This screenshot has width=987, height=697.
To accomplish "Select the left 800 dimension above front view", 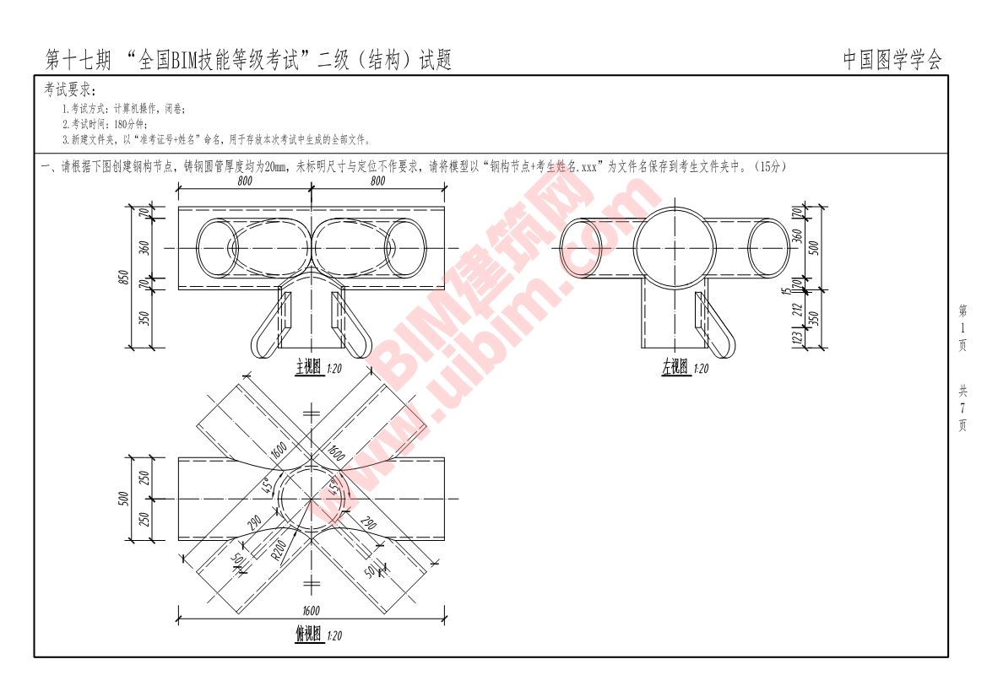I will point(245,181).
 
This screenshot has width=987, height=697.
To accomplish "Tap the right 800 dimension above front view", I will point(377,181).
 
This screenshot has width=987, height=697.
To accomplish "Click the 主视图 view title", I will point(308,368).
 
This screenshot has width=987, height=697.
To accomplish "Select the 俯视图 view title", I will point(308,635).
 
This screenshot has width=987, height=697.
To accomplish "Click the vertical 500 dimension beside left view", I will point(813,247).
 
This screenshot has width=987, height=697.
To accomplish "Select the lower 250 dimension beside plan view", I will point(144,519).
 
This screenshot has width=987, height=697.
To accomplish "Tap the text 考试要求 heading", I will point(70,90).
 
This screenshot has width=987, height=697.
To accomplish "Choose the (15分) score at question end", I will point(771,167).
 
